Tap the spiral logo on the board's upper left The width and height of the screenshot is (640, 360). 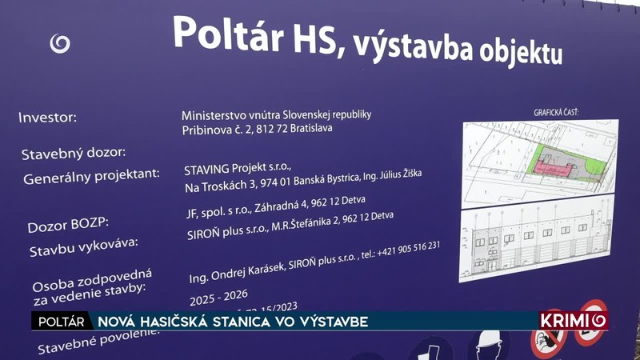[59, 43]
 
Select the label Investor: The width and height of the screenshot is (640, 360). [47, 118]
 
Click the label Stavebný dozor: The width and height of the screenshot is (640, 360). [73, 152]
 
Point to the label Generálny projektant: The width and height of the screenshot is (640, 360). [92, 175]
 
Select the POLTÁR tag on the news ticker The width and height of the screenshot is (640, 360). [58, 321]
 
